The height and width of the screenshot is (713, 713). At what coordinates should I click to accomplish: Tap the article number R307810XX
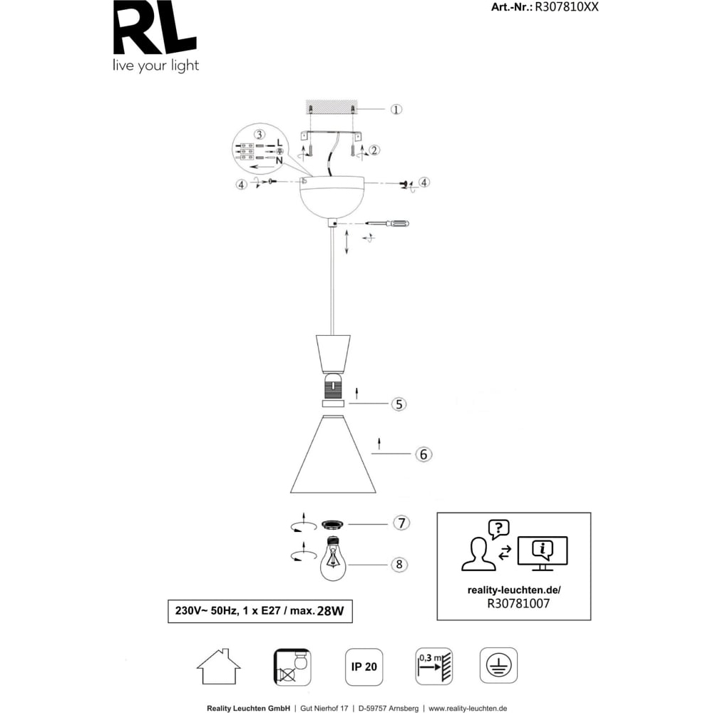click(566, 7)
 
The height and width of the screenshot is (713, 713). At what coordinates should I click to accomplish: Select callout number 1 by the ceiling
click(396, 110)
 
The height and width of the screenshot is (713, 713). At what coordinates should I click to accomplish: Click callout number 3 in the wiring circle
click(260, 135)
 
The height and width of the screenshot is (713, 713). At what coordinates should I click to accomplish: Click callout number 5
click(399, 404)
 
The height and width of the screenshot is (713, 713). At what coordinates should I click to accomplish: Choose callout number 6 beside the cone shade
click(424, 453)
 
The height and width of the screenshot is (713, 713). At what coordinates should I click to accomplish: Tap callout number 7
click(401, 523)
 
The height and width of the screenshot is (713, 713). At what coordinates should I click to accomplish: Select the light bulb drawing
click(333, 558)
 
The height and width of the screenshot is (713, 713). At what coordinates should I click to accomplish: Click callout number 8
click(399, 564)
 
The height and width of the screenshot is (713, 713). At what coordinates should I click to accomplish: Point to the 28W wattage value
click(331, 611)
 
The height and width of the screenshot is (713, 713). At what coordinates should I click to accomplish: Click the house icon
click(219, 666)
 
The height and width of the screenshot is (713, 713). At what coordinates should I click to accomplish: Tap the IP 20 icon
click(364, 667)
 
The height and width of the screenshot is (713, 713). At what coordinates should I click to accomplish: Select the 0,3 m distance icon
click(434, 667)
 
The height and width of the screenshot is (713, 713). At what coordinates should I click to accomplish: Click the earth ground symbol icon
click(499, 666)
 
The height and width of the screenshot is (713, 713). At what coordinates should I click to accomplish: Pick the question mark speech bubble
click(499, 529)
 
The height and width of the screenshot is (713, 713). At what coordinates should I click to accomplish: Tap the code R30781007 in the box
click(518, 603)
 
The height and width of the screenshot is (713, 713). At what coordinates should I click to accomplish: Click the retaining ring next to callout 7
click(333, 525)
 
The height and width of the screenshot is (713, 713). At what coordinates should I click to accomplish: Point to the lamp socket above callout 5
click(333, 386)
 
